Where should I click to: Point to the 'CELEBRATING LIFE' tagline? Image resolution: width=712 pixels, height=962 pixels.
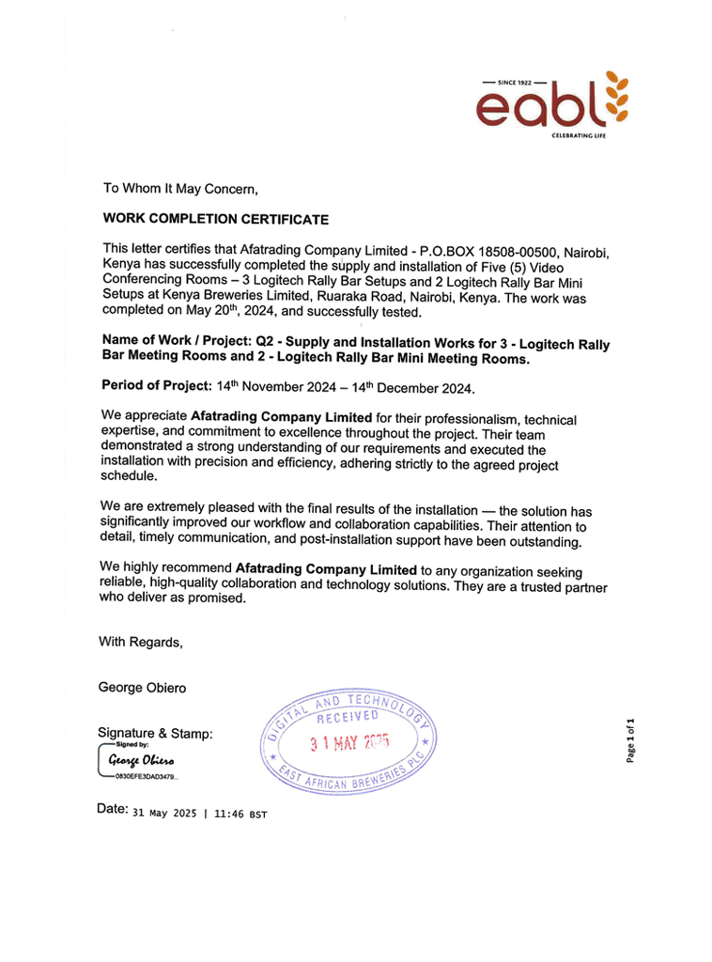coord(580,137)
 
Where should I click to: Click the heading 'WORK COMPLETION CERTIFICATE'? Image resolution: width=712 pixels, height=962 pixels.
coord(215,220)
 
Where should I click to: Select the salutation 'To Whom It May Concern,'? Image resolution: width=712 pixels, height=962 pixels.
coord(179,190)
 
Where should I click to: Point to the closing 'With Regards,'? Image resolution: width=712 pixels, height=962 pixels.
coord(141,643)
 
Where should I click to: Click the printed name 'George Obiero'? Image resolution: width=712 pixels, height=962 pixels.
coord(142,688)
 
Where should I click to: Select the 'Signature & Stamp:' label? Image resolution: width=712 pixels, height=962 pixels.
coord(155,733)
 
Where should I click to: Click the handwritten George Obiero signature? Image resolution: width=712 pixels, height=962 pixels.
coord(140,759)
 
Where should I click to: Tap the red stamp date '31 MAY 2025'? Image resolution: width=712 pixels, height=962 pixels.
coord(349,743)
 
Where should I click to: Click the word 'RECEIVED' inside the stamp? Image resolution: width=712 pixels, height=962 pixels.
coord(347,719)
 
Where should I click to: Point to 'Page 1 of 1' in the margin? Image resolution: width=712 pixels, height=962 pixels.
coord(632,740)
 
